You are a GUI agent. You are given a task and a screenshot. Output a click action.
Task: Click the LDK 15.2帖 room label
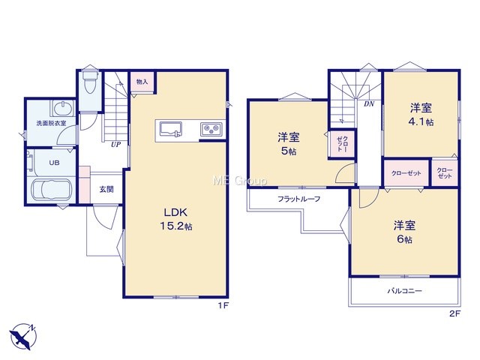(x=176, y=219)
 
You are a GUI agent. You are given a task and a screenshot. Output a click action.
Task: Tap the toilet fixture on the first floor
(x=90, y=82)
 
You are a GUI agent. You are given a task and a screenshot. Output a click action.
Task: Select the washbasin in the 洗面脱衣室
(x=63, y=108)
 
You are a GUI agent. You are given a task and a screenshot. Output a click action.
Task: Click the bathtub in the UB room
(x=52, y=190)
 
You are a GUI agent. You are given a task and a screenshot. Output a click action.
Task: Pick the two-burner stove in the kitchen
(x=211, y=128)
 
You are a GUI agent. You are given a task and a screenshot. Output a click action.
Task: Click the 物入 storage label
(x=142, y=82)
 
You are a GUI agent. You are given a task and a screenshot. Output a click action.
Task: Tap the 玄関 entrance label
(x=106, y=190)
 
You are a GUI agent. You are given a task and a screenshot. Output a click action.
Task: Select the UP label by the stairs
(x=115, y=145)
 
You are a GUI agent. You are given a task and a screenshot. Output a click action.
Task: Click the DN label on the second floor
(x=369, y=104)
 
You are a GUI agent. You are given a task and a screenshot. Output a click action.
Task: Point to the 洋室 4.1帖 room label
(x=421, y=115)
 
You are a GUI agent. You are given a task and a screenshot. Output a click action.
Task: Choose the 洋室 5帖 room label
(x=288, y=144)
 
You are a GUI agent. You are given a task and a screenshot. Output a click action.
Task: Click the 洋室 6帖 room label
(x=404, y=232)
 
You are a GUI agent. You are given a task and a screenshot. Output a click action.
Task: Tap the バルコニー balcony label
(x=405, y=290)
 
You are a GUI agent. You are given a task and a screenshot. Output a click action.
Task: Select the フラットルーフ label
(x=298, y=199)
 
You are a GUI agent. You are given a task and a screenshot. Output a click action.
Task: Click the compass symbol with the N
(x=23, y=337)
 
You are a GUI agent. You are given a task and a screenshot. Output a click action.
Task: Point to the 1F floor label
(x=223, y=305)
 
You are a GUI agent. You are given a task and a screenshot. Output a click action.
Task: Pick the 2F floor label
(x=455, y=313)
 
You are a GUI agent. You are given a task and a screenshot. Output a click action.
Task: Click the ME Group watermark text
(x=240, y=181)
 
